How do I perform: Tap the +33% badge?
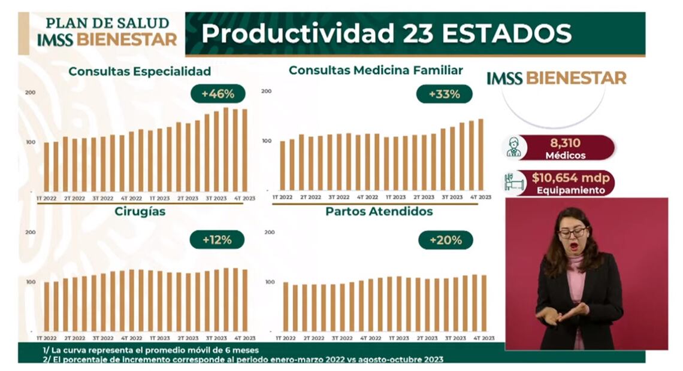coord(445,94)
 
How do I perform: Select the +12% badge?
coord(216,240)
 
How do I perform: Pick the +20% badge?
coord(445,240)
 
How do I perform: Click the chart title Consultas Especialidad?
coord(140,71)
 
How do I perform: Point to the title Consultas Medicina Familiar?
coord(376,70)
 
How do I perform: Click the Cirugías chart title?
coord(140,212)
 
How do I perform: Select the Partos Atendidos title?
coord(379,211)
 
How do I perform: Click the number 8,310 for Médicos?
coord(566,143)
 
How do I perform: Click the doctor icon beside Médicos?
coord(513,147)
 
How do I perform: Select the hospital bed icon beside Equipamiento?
coord(514,183)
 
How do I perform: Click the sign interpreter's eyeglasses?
coord(572,232)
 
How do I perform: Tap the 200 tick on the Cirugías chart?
coord(31,233)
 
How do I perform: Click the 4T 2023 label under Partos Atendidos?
coord(481,338)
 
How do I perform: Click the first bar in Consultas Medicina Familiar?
coord(283,165)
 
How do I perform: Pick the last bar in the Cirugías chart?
coord(244,300)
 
